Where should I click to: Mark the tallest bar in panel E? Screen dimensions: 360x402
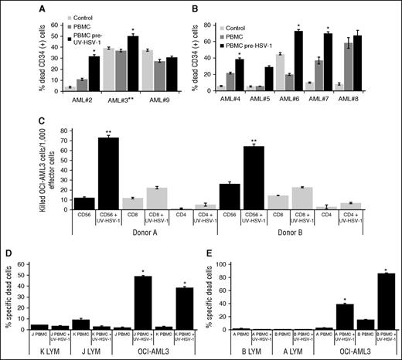pos(378,292)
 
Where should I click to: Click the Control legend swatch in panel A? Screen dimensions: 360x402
pos(72,15)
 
